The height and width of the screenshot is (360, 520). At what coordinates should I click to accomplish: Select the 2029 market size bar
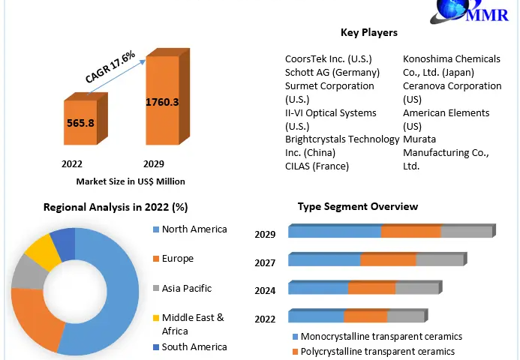click(x=163, y=101)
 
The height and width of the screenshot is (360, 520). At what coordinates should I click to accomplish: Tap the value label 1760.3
click(x=162, y=102)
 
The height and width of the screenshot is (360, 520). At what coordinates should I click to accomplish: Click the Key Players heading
click(x=369, y=33)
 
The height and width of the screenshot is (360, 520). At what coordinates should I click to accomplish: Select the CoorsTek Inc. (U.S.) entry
click(x=329, y=58)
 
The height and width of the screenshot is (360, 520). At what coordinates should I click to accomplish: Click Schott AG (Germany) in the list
click(x=332, y=72)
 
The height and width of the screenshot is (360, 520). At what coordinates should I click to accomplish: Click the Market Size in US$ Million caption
click(x=131, y=181)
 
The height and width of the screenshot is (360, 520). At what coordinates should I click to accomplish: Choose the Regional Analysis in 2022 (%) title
click(x=115, y=207)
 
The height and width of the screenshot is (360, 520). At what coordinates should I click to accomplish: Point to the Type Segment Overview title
click(x=358, y=206)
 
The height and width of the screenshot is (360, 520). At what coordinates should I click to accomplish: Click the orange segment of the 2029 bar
click(x=410, y=232)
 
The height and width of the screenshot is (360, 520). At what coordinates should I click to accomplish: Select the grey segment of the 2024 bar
click(x=416, y=289)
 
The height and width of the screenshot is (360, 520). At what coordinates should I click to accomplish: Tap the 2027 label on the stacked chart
click(x=265, y=262)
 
